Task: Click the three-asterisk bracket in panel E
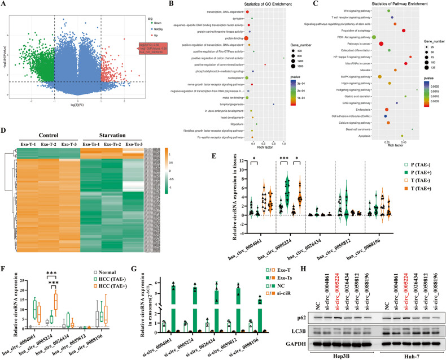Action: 288,157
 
